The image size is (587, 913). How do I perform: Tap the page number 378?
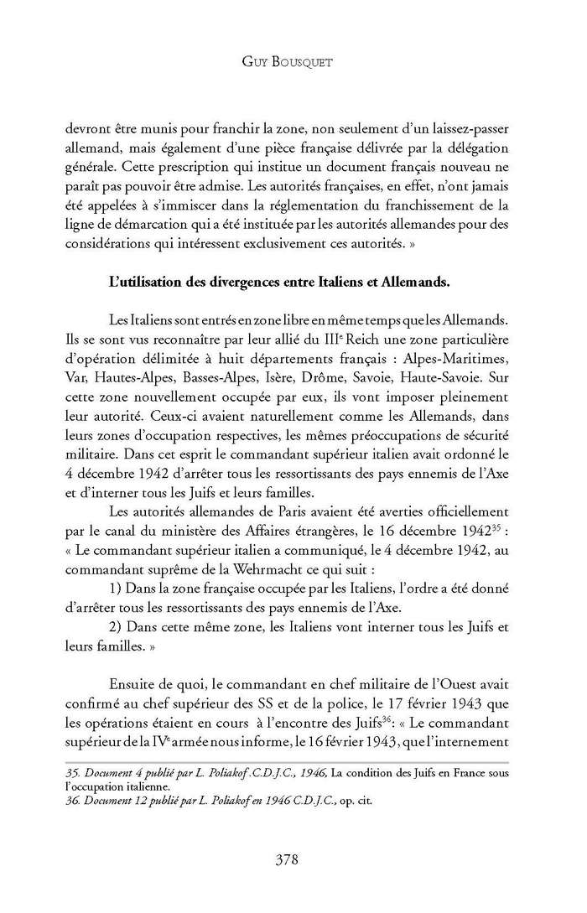click(293, 858)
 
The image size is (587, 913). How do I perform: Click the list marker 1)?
click(117, 584)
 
